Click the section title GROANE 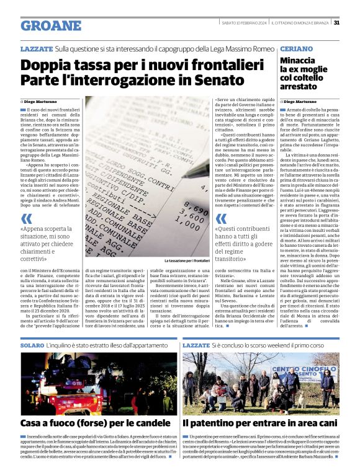click(x=51, y=25)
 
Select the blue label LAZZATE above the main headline click(x=36, y=48)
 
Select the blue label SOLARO click(x=32, y=344)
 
